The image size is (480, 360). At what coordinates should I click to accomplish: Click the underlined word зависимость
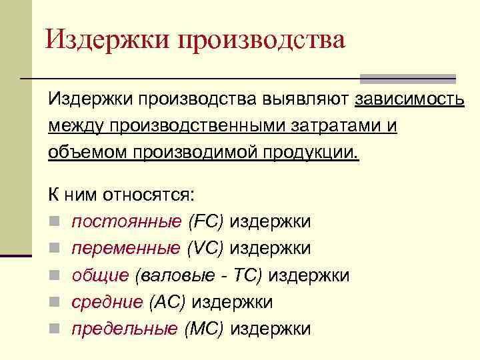(x=409, y=99)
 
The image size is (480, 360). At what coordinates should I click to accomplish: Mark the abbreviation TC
(x=249, y=275)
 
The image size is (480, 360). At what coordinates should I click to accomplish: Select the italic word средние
(x=107, y=301)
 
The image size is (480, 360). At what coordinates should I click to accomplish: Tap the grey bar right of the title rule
(x=408, y=78)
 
